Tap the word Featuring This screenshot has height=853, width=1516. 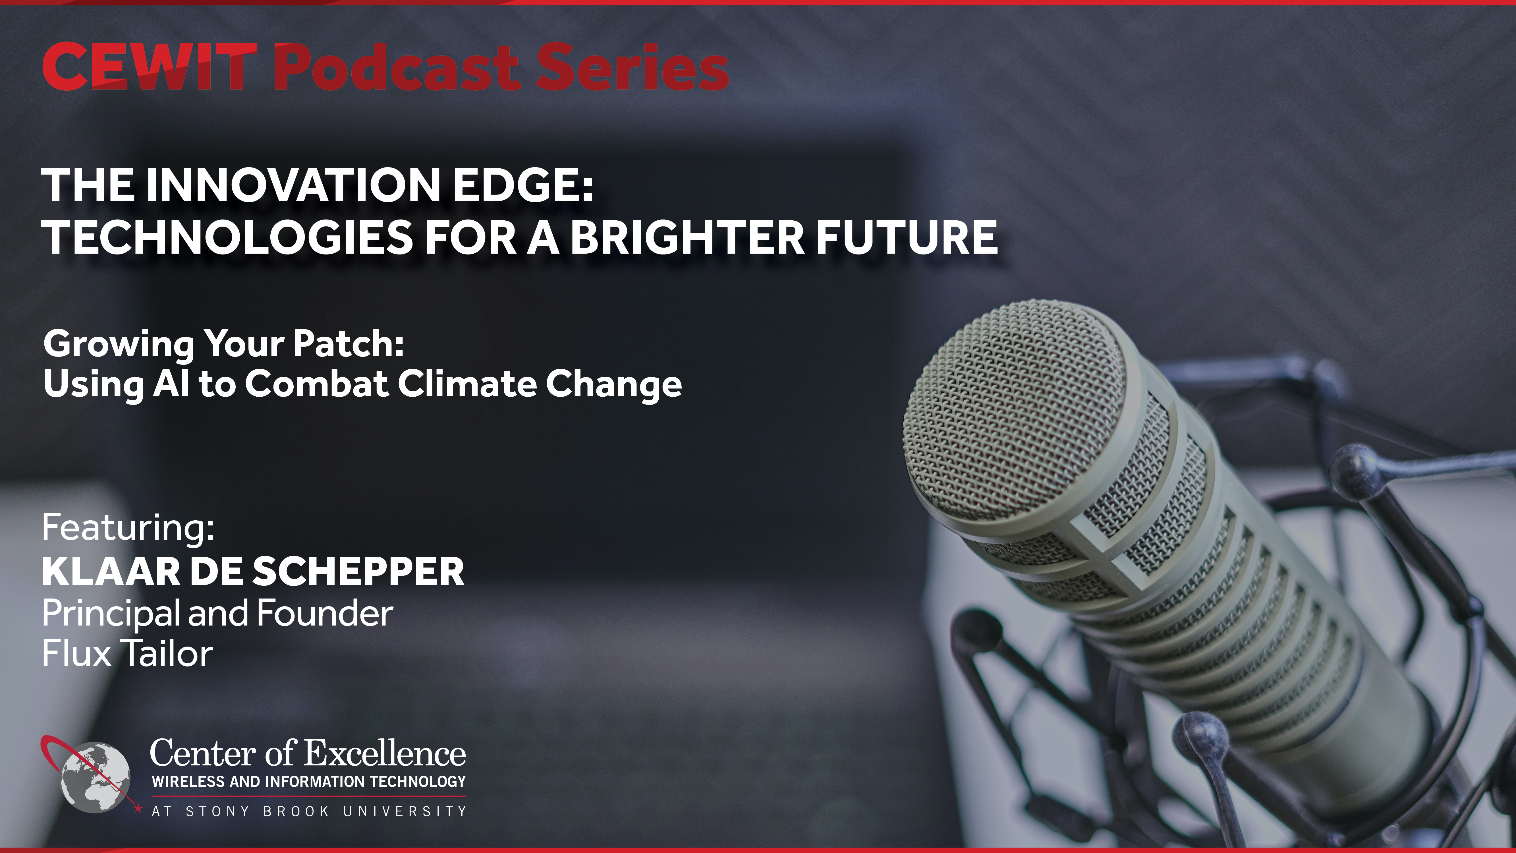click(x=128, y=528)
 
